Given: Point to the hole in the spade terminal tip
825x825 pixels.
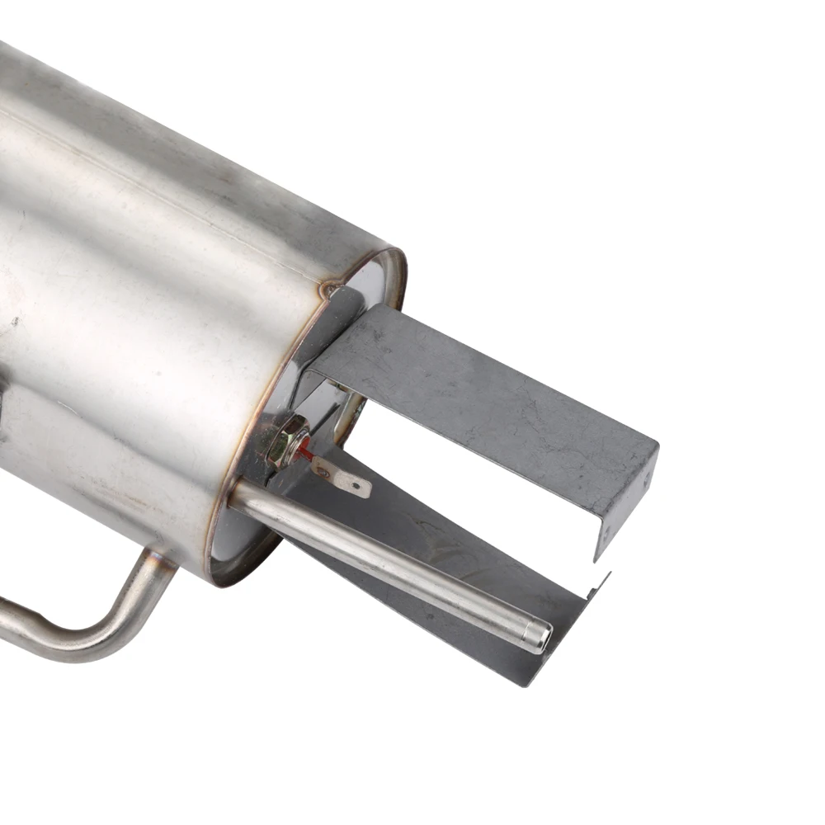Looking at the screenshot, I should [356, 488].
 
